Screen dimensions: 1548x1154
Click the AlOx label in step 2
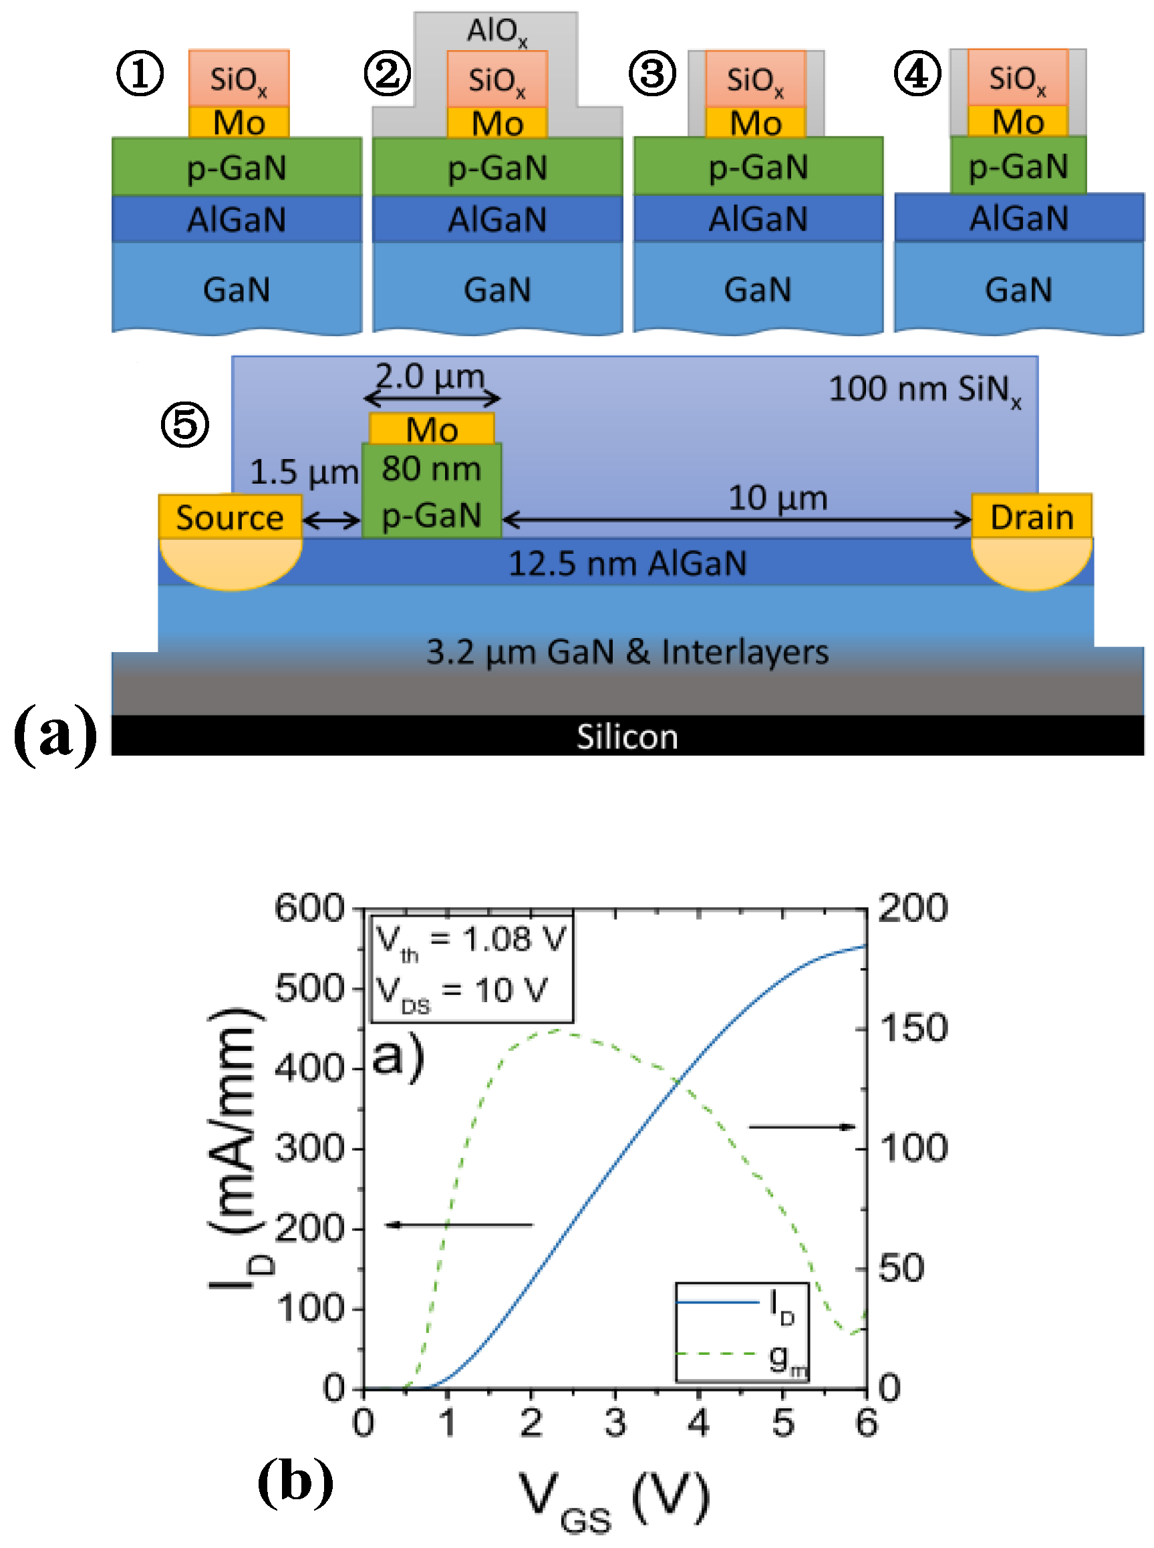pyautogui.click(x=496, y=31)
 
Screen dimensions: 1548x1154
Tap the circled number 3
pyautogui.click(x=652, y=74)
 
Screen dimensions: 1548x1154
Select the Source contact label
pyautogui.click(x=230, y=518)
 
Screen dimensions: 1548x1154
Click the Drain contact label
pyautogui.click(x=1032, y=517)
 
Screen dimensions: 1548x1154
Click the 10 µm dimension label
pyautogui.click(x=778, y=498)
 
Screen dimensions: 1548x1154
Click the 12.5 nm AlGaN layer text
pyautogui.click(x=627, y=563)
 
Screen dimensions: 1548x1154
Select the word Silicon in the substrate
pyautogui.click(x=627, y=738)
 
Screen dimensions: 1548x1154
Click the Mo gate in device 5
pyautogui.click(x=432, y=429)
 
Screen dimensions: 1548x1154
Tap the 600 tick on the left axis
pyautogui.click(x=309, y=909)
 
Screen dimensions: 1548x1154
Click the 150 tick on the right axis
pyautogui.click(x=913, y=1028)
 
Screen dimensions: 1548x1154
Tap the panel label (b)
pyautogui.click(x=295, y=1482)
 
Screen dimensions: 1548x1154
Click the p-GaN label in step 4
pyautogui.click(x=1018, y=166)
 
